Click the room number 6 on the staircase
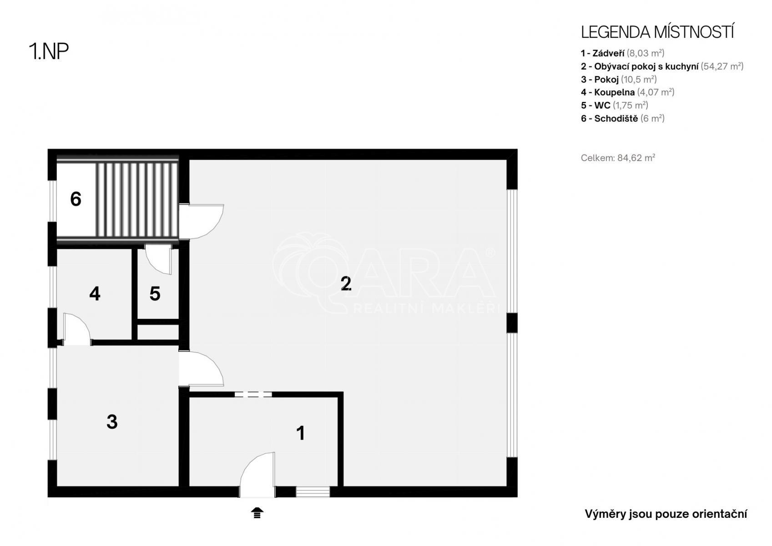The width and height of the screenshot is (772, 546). coord(76,199)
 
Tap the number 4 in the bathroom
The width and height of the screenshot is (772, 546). coord(95,293)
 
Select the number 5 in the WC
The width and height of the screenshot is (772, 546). coord(155,293)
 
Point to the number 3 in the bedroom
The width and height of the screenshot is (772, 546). coord(112,422)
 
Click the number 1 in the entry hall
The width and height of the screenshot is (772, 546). coord(301,433)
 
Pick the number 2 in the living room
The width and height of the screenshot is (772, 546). coord(346,283)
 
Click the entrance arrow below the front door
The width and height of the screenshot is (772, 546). coord(257,513)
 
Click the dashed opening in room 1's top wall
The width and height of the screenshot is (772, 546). coord(253,394)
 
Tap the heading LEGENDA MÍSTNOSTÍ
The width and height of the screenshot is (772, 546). coord(657,32)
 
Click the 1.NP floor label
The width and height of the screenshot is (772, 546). coord(49,51)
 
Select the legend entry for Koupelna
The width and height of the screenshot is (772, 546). coord(627,92)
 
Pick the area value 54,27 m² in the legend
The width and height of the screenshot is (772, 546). coord(722,66)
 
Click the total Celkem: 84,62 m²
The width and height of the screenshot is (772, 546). coord(618,158)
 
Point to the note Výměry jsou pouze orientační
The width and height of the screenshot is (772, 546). coord(666,514)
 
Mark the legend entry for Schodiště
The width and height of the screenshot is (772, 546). coord(622,118)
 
